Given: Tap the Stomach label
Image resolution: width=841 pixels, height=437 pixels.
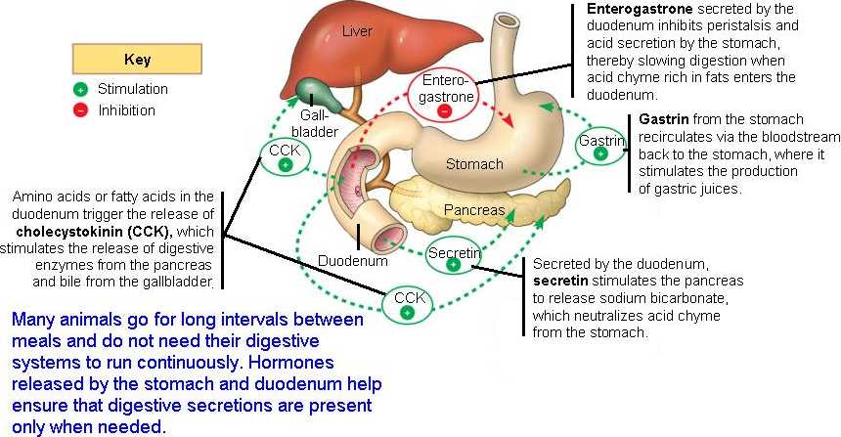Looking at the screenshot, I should pyautogui.click(x=473, y=164).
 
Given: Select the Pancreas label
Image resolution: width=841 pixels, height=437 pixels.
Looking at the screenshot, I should pyautogui.click(x=474, y=210).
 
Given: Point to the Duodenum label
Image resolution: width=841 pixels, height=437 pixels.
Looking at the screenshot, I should pyautogui.click(x=353, y=261).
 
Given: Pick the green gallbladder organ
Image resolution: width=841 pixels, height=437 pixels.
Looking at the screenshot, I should pyautogui.click(x=315, y=91).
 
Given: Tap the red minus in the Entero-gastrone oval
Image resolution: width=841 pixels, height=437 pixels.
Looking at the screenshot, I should pyautogui.click(x=446, y=110).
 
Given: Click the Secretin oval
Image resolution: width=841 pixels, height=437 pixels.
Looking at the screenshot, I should pyautogui.click(x=454, y=257).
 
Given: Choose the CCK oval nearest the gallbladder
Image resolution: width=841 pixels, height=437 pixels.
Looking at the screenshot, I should pyautogui.click(x=286, y=156).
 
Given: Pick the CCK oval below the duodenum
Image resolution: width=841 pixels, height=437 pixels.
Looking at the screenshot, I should pyautogui.click(x=409, y=304).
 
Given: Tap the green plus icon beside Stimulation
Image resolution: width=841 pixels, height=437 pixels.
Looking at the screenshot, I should pyautogui.click(x=80, y=89).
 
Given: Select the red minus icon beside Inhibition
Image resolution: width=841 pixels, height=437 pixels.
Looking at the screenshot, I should pyautogui.click(x=80, y=109).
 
